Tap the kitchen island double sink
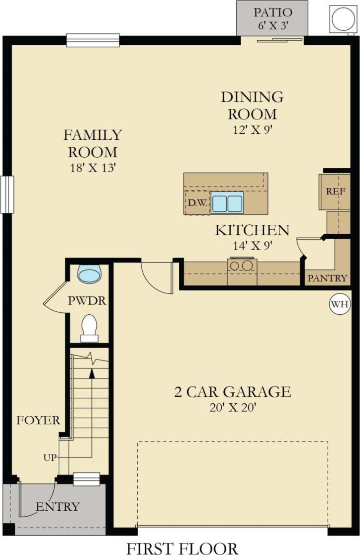click(227, 202)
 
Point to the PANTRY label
click(327, 278)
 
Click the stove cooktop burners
click(242, 265)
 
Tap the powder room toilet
click(90, 328)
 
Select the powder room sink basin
click(90, 274)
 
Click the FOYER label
click(38, 420)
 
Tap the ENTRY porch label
click(57, 507)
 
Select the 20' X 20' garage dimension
click(232, 408)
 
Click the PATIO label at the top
click(272, 12)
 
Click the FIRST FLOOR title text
click(182, 547)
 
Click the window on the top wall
click(93, 40)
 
